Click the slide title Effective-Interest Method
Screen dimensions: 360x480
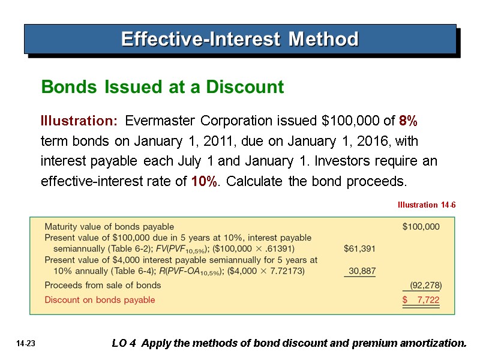pyautogui.click(x=239, y=40)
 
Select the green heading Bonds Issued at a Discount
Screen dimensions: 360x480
pyautogui.click(x=162, y=88)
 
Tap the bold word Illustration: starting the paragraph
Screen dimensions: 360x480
pyautogui.click(x=79, y=121)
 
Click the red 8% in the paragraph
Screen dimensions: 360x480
pyautogui.click(x=408, y=121)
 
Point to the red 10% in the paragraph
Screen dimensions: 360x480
pyautogui.click(x=204, y=181)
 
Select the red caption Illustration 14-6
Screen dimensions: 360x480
pyautogui.click(x=427, y=205)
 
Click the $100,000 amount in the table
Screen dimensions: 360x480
pyautogui.click(x=421, y=227)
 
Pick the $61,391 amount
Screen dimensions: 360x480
pyautogui.click(x=360, y=248)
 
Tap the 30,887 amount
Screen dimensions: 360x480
pyautogui.click(x=362, y=271)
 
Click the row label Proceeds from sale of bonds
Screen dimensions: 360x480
pyautogui.click(x=103, y=285)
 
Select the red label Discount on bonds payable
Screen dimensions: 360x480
pyautogui.click(x=100, y=299)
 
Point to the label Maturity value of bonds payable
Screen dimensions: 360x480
pyautogui.click(x=109, y=227)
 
